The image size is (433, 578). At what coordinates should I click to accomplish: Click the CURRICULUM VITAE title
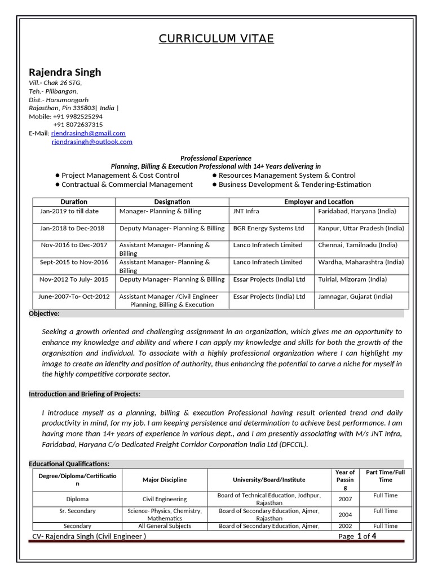point(216,39)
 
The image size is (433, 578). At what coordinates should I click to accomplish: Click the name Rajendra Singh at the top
point(65,72)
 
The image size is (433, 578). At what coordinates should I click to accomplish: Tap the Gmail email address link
point(88,133)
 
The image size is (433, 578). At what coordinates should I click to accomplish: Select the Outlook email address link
point(92,142)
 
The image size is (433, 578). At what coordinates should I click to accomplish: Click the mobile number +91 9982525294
point(78,116)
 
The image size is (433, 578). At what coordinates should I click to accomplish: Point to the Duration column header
point(74,202)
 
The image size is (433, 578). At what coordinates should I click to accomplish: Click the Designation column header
point(172,202)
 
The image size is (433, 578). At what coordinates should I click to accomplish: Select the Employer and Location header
point(319,202)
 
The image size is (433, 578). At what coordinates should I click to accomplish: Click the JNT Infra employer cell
point(246,211)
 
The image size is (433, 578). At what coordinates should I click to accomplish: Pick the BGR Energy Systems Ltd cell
point(268,228)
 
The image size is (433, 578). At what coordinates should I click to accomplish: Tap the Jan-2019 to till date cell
point(69,211)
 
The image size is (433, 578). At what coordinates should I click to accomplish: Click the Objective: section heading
point(44,313)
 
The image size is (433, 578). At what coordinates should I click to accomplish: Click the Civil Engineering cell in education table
point(164,499)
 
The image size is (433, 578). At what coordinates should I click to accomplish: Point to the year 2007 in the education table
point(345,499)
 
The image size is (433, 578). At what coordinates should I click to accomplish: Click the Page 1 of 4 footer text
point(357,536)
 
